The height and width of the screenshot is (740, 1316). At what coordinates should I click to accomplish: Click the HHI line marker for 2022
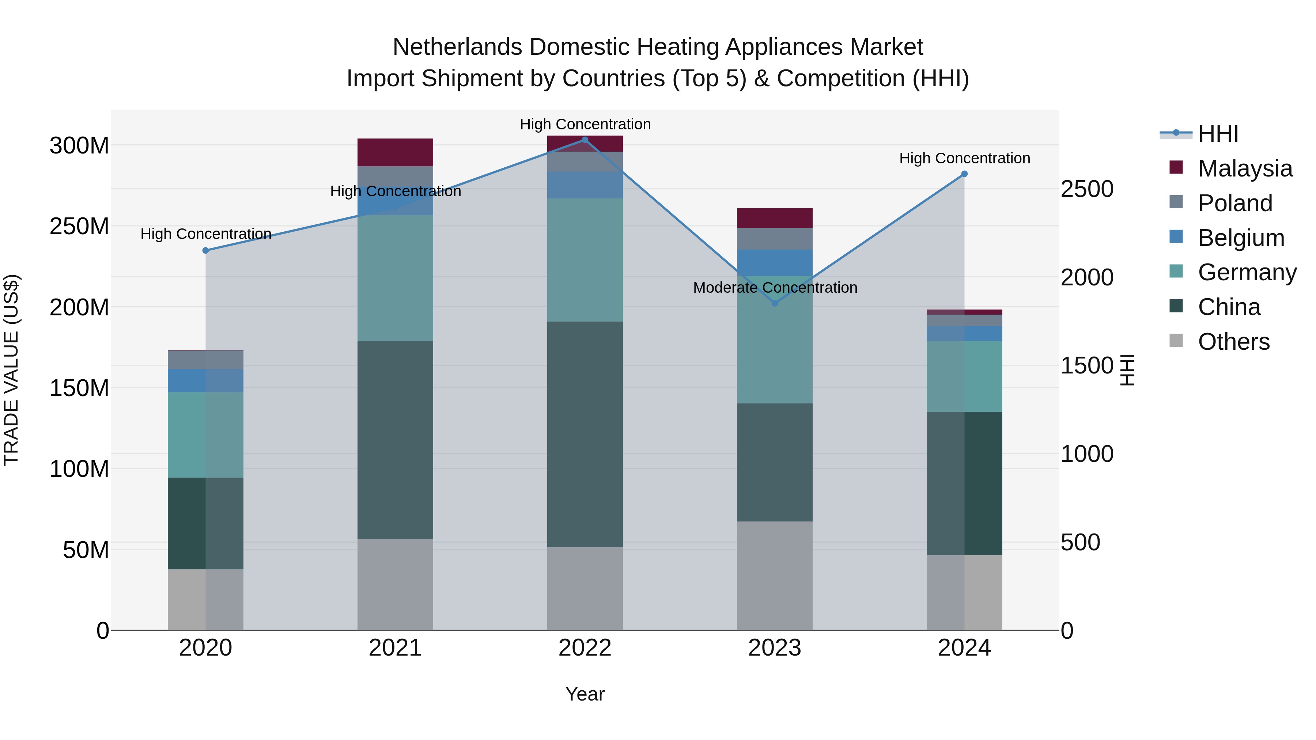click(x=585, y=140)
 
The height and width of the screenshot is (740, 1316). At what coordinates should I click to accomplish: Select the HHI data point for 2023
click(x=775, y=303)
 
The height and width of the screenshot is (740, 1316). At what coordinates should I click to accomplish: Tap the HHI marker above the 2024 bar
click(x=964, y=174)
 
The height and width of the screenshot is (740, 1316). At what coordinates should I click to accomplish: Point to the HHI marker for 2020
click(x=206, y=251)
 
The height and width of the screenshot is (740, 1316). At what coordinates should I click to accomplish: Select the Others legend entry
click(x=1233, y=342)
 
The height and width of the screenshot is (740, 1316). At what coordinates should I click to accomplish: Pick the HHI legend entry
click(x=1218, y=134)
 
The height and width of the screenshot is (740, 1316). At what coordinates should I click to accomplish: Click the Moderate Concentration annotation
click(x=775, y=288)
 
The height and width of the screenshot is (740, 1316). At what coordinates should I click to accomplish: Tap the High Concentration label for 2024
click(x=964, y=158)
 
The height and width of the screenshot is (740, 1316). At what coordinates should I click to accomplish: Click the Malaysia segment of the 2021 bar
click(x=395, y=152)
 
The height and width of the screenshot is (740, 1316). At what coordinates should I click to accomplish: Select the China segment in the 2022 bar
click(x=585, y=434)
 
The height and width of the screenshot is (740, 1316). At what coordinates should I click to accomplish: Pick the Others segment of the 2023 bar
click(x=775, y=576)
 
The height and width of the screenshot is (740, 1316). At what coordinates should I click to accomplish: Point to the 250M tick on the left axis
click(x=79, y=226)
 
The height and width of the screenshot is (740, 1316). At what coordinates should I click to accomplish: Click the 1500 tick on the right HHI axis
click(x=1087, y=366)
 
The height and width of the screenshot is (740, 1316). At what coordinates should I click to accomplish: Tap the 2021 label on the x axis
click(x=395, y=648)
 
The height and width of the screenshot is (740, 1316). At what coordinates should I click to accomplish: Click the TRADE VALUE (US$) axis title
click(x=11, y=370)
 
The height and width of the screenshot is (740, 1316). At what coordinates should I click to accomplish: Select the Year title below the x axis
click(x=585, y=694)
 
